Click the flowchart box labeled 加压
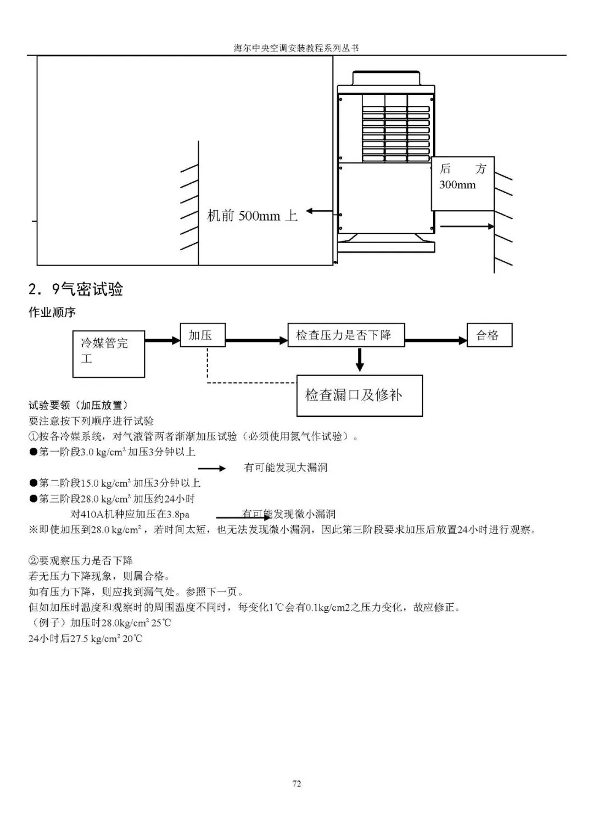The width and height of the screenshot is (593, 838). click(203, 335)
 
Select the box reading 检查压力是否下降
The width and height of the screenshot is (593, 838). click(346, 335)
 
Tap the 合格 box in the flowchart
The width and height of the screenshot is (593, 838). click(489, 335)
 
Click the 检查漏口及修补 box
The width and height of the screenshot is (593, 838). click(359, 395)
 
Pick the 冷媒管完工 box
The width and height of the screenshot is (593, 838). click(109, 353)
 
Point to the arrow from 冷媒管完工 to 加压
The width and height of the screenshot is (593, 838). click(163, 341)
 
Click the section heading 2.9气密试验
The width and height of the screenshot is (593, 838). click(76, 289)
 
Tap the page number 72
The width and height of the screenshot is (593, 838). click(296, 784)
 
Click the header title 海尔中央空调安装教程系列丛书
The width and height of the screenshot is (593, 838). click(296, 48)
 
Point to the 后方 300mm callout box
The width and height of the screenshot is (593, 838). click(462, 184)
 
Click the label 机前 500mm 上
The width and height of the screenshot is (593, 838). click(252, 216)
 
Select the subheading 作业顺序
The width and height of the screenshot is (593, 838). click(52, 313)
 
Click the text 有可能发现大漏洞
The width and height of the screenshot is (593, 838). click(286, 468)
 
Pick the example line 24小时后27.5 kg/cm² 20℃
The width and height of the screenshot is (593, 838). click(85, 639)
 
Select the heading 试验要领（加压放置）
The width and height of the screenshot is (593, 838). click(79, 406)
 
